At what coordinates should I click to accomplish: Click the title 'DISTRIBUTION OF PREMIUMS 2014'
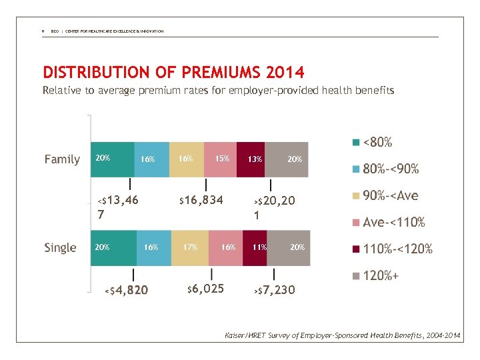pos(173,71)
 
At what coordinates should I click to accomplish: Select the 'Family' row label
pos(62,159)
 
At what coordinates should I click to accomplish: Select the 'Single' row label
pos(61,247)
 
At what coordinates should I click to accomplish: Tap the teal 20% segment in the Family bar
pos(112,159)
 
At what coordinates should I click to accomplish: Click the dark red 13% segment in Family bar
pos(253,159)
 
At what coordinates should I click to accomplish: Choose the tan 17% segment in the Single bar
pos(191,247)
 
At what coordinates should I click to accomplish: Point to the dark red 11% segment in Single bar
pos(259,247)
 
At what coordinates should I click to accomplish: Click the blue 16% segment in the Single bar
pos(154,247)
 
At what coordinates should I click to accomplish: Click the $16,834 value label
pos(200,200)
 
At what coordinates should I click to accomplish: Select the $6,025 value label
pos(205,289)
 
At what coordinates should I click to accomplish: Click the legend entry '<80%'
pos(377,142)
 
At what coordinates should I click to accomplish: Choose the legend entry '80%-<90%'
pos(390,169)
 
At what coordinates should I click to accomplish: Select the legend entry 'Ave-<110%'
pos(393,222)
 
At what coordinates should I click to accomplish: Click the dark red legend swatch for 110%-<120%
pos(356,249)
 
